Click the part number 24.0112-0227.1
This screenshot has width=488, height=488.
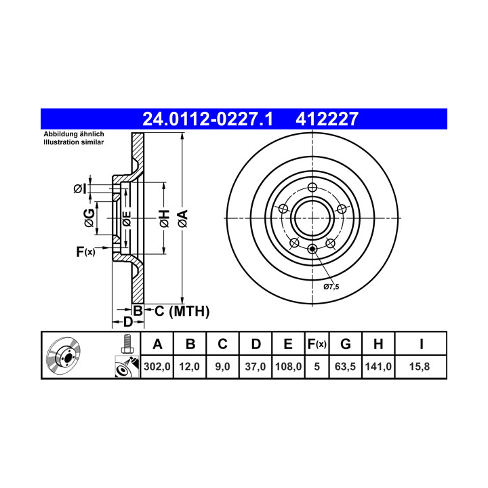point(207,119)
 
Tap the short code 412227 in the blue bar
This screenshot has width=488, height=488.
point(327,119)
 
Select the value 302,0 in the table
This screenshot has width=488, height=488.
point(157,367)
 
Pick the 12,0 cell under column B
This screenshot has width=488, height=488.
point(189,367)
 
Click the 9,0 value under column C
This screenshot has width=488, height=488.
point(222,367)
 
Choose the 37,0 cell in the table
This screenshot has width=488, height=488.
point(256,367)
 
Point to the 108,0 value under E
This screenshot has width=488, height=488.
point(288,367)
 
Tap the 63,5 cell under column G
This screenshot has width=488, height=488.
point(345,367)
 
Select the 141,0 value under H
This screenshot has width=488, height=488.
point(378,367)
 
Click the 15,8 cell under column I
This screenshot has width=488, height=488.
point(420,367)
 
